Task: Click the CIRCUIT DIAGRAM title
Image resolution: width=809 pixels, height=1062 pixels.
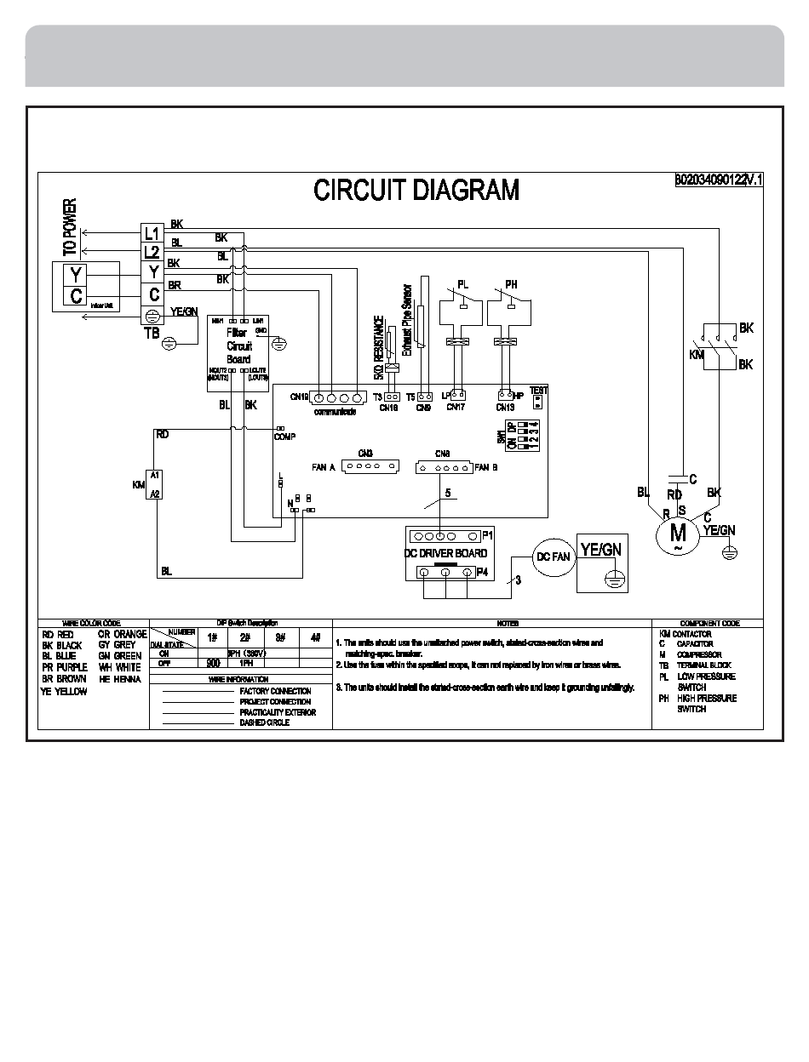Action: tap(416, 190)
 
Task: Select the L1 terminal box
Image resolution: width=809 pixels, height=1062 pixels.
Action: tap(152, 232)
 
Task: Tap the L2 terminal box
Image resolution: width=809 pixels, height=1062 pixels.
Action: tap(152, 252)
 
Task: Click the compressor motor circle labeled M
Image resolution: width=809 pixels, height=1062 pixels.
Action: tap(678, 533)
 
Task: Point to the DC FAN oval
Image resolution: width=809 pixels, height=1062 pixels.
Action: tap(553, 557)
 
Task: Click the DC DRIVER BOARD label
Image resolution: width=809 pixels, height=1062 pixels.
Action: tap(445, 553)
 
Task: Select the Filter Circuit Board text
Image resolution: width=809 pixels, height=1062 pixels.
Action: tap(238, 346)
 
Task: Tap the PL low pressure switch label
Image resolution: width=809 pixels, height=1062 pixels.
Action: tap(462, 283)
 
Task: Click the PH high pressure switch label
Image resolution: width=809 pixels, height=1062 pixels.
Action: tap(511, 283)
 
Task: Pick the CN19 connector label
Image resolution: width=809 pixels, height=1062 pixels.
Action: tap(298, 397)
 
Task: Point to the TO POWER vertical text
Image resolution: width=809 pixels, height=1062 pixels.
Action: tap(70, 227)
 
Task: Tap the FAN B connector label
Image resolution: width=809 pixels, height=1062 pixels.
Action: tap(486, 467)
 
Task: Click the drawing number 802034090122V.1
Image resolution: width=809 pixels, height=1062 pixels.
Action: tap(720, 180)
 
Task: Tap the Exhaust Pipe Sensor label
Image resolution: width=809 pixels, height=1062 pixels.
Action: tap(407, 319)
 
